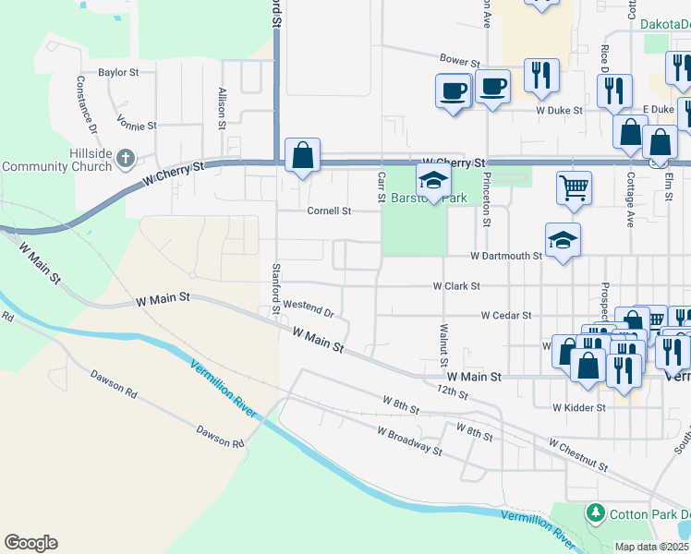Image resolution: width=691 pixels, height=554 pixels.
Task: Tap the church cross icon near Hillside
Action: pyautogui.click(x=126, y=159)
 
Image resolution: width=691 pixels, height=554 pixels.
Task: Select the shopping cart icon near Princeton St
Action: pyautogui.click(x=574, y=188)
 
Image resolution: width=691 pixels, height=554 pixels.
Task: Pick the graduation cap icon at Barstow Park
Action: pyautogui.click(x=431, y=179)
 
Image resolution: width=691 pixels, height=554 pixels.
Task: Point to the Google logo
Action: pyautogui.click(x=30, y=543)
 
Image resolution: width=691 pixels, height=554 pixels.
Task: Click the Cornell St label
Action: pyautogui.click(x=330, y=211)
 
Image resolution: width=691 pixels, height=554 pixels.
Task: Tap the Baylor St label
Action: pyautogui.click(x=118, y=71)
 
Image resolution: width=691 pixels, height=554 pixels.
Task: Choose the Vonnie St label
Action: pyautogui.click(x=138, y=122)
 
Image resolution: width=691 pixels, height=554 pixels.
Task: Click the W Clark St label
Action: pyautogui.click(x=456, y=286)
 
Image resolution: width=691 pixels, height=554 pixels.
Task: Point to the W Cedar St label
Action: pyautogui.click(x=506, y=315)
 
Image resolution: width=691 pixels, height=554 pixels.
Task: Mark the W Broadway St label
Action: pyautogui.click(x=408, y=440)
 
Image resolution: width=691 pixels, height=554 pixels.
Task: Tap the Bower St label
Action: pyautogui.click(x=459, y=60)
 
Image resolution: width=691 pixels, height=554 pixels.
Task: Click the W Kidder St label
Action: pyautogui.click(x=578, y=407)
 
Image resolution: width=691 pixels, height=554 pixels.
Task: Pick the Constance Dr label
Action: pyautogui.click(x=85, y=102)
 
